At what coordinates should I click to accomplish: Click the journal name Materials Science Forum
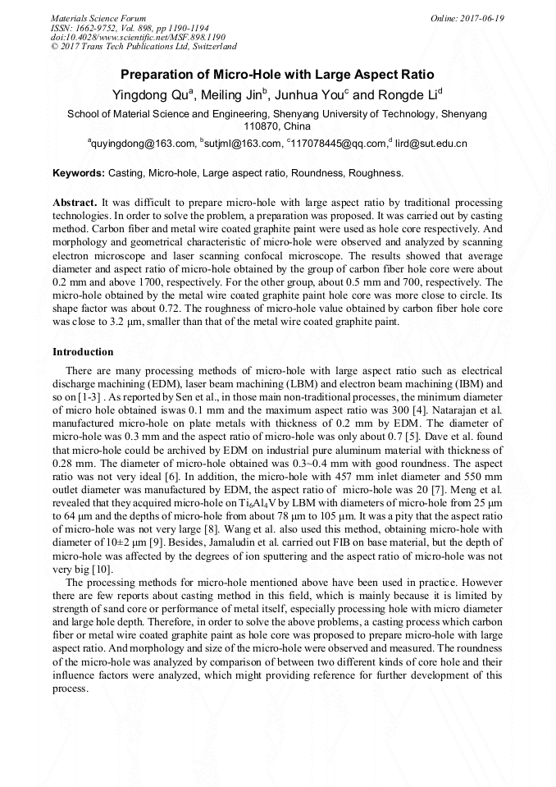coord(98,18)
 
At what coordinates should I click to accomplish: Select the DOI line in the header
coord(138,37)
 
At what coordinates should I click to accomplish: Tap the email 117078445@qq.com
coord(338,144)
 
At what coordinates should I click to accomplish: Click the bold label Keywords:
coord(79,174)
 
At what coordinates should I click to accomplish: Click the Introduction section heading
coord(83,352)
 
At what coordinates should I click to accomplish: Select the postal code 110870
coord(262,127)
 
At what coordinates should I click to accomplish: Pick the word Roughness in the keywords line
coord(376,174)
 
